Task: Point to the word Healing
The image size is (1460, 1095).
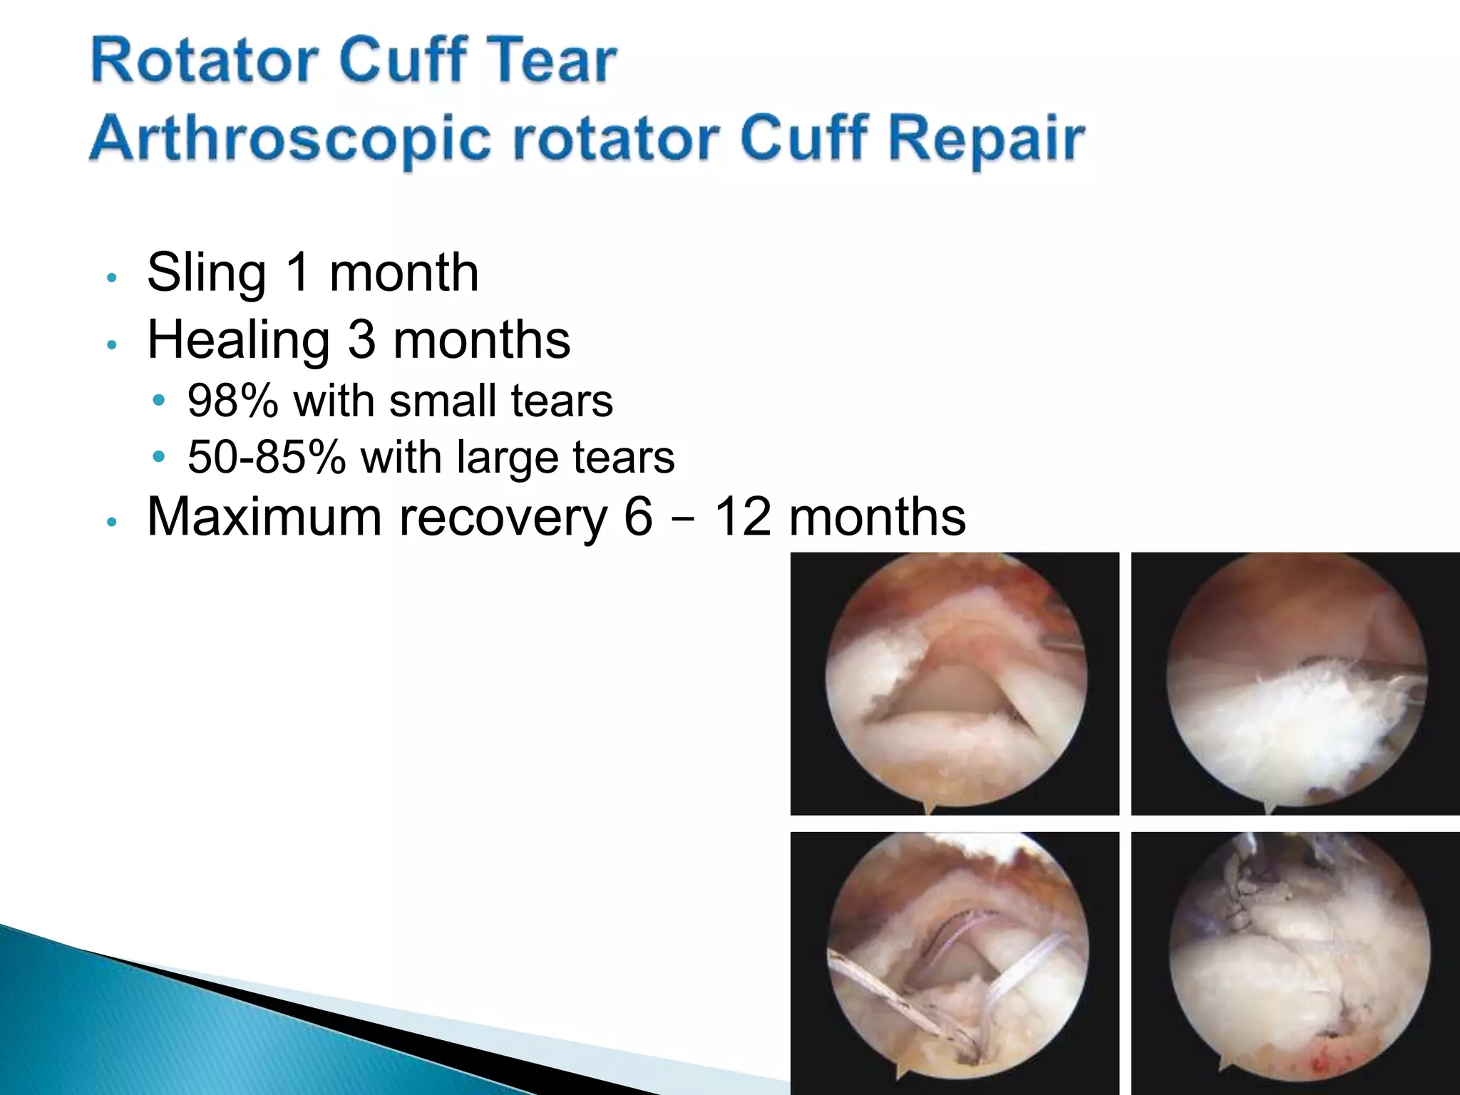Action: coord(238,340)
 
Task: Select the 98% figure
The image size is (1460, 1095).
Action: coord(232,401)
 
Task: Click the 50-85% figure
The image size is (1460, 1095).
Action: coord(267,457)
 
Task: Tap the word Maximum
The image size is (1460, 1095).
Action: coord(264,516)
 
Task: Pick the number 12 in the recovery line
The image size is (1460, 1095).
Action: coord(743,516)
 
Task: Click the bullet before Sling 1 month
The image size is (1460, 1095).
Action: coord(111,277)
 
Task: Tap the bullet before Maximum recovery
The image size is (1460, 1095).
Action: coord(111,522)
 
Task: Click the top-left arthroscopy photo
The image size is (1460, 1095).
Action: coord(955,683)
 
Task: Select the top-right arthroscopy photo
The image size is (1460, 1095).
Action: coord(1295,683)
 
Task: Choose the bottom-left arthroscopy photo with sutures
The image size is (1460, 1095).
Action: coord(955,962)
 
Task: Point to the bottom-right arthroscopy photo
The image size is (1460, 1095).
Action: coord(1295,962)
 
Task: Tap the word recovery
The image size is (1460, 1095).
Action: coord(503,518)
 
